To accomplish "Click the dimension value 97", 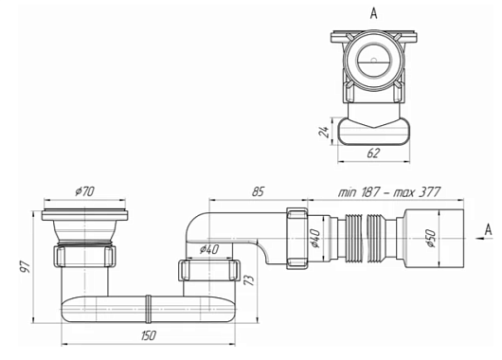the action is (26, 266).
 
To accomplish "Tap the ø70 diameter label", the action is (85, 191).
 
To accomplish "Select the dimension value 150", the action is (148, 335).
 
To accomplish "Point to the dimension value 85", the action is (258, 191).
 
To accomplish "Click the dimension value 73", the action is (249, 279).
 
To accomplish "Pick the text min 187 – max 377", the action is (389, 192).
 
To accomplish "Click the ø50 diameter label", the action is (431, 239).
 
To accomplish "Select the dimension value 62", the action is (373, 153).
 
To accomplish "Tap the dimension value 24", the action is (324, 132).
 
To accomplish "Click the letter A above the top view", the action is (373, 13).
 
